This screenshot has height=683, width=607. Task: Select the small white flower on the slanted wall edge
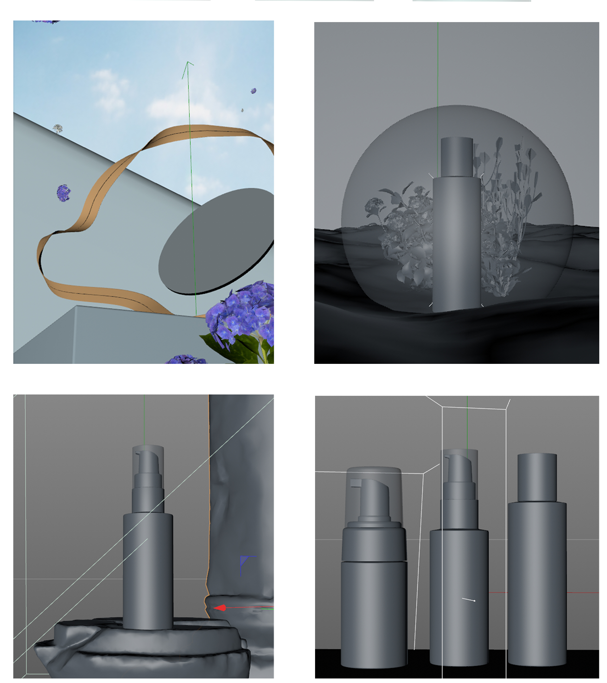pos(58,128)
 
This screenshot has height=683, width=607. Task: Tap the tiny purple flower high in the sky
pos(254,90)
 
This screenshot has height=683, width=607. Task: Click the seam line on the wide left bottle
pos(374,561)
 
